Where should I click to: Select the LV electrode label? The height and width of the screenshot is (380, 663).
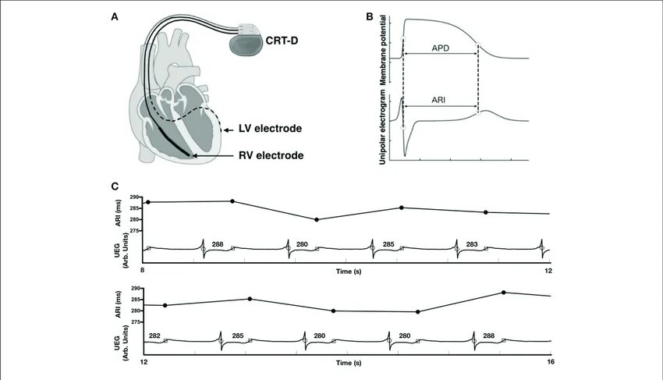271,128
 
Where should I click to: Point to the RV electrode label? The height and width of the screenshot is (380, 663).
271,155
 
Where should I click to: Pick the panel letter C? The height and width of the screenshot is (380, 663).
115,186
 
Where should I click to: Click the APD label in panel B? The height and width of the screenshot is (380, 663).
441,47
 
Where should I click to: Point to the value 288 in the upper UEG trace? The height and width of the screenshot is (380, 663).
217,244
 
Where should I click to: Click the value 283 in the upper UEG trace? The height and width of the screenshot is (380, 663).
472,244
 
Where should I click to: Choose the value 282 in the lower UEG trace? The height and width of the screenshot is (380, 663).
154,336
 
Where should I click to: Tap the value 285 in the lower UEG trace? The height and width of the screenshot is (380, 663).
238,336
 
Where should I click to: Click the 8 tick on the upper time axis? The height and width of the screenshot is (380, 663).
143,270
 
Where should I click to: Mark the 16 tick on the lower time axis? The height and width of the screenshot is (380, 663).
550,363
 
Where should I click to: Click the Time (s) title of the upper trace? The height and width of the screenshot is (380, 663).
347,271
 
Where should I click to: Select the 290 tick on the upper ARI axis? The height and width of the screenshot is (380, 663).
134,197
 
